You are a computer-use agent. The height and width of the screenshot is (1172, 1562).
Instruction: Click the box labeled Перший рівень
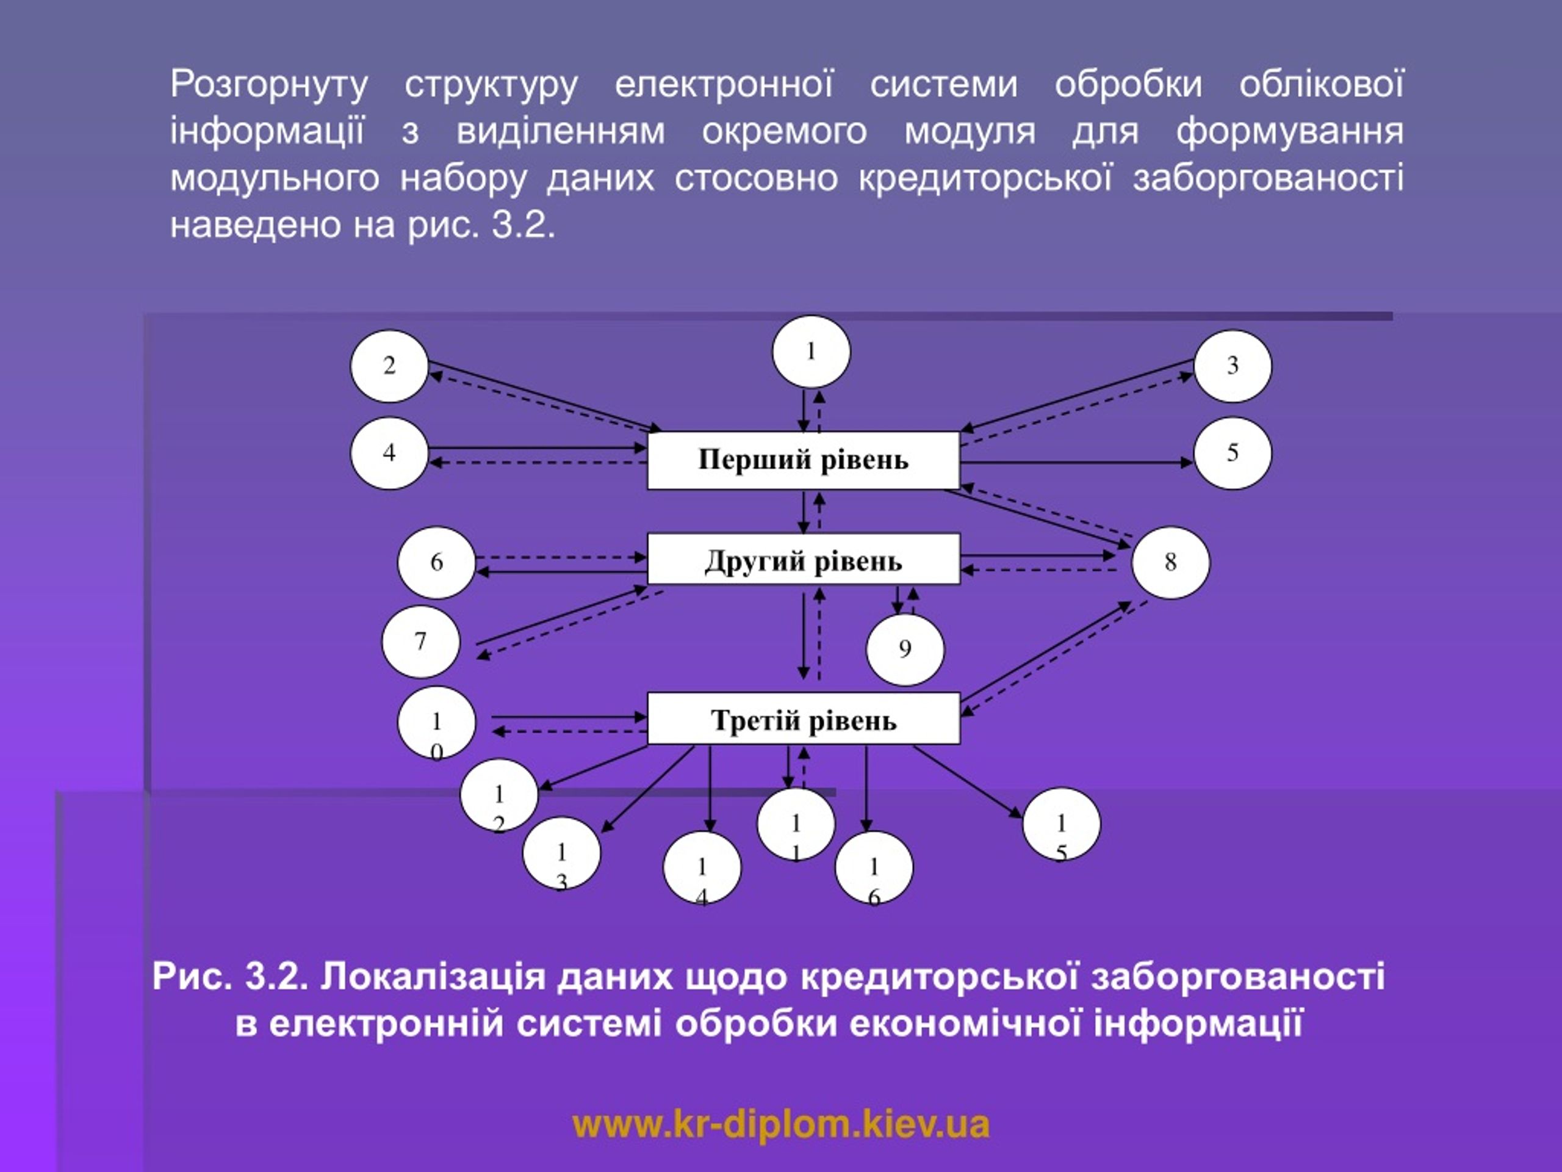[804, 460]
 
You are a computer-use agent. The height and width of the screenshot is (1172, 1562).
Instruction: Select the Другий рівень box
[804, 559]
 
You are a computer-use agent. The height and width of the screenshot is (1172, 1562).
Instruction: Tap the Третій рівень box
[804, 718]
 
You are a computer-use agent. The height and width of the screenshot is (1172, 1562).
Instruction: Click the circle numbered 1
[812, 352]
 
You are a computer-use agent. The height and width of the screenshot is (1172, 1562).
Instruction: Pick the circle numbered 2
[389, 366]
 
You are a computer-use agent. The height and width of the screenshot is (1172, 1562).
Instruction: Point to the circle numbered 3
[1233, 366]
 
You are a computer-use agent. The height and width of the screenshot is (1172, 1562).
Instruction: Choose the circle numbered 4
[389, 453]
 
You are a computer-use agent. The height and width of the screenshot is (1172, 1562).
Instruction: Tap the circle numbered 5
[1233, 453]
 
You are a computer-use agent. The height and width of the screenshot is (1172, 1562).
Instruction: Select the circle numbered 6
[436, 562]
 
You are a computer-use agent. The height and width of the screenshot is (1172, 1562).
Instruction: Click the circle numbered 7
[421, 642]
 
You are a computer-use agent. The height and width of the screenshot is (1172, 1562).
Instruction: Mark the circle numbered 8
[1170, 562]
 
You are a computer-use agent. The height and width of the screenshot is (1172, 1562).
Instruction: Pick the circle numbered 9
[905, 649]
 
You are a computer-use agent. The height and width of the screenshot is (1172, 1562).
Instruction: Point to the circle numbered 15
[1060, 823]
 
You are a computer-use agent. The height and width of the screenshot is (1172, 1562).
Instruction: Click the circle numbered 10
[436, 722]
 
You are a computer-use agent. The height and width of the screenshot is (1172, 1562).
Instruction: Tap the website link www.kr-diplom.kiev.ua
[781, 1124]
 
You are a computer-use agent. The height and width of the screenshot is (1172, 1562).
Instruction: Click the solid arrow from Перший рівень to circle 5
[1077, 463]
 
